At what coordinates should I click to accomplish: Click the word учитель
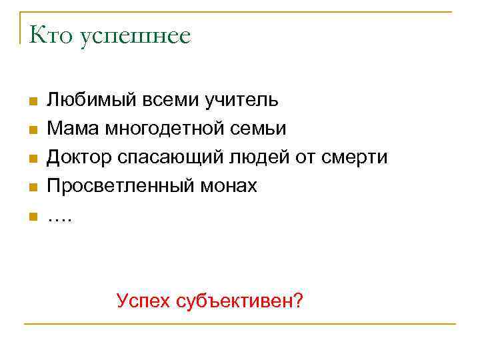pos(242,101)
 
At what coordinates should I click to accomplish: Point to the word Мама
pos(69,129)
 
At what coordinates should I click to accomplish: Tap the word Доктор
pos(79,158)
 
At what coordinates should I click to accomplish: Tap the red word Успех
pos(143,301)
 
